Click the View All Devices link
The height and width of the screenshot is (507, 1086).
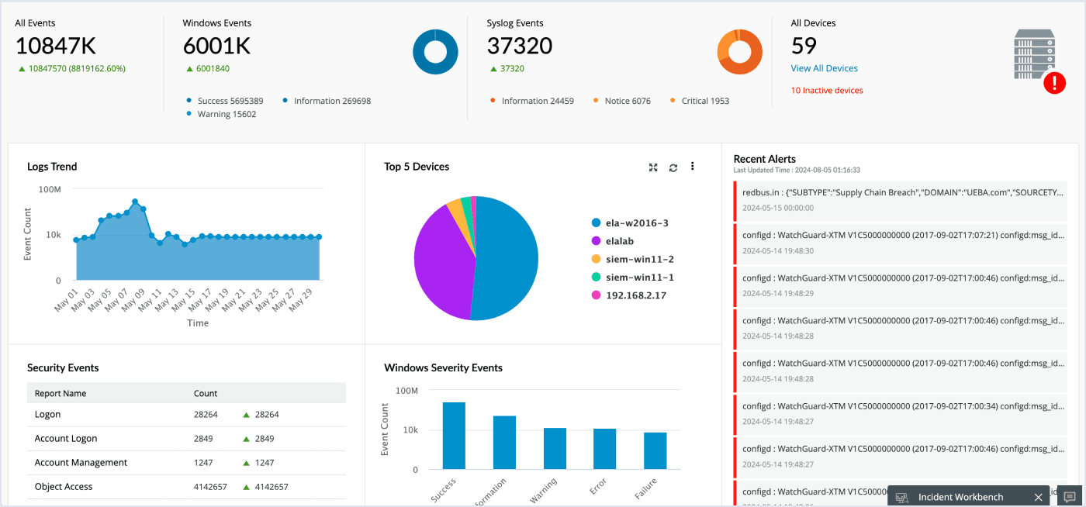824,68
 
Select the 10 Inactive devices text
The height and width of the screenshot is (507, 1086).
827,91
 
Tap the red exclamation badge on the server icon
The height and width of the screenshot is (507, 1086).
1054,83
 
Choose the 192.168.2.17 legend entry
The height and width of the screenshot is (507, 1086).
635,295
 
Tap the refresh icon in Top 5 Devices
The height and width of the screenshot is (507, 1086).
673,167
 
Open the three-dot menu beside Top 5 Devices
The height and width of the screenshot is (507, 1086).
692,166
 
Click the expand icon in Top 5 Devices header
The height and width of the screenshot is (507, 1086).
653,167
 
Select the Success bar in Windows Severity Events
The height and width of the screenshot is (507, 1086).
454,436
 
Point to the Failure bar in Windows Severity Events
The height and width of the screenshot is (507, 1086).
655,450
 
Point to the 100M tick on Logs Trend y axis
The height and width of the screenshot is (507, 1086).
50,189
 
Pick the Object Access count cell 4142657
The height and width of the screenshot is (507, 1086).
210,487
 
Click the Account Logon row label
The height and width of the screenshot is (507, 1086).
66,439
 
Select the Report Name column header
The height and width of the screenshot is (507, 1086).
61,393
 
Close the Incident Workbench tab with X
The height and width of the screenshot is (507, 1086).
1038,497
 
